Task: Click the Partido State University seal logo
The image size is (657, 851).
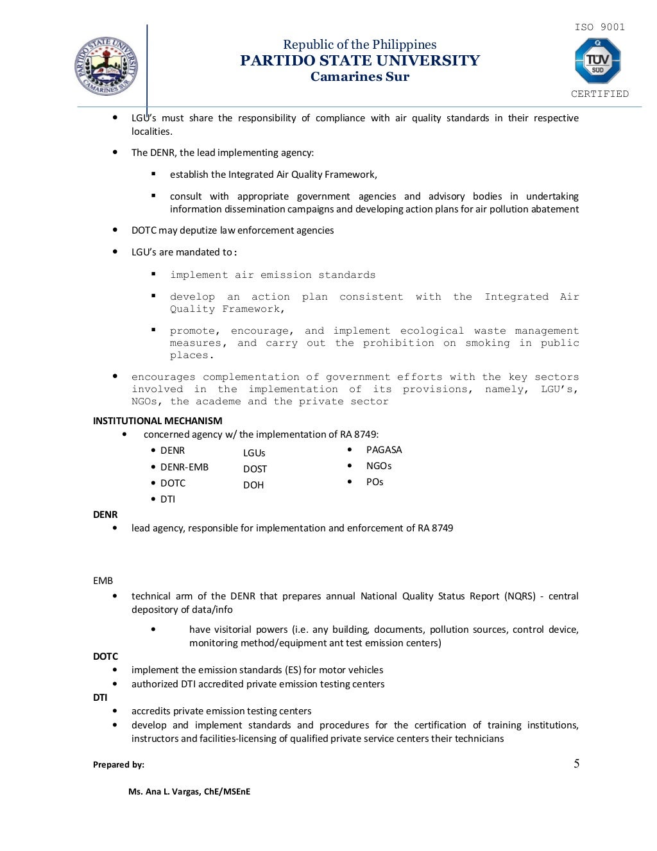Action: pos(107,66)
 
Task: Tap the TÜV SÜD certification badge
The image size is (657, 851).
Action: pos(597,61)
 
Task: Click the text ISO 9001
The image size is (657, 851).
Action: pos(599,27)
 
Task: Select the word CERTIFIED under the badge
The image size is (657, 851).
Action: pos(600,94)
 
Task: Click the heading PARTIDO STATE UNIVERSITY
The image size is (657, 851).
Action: pos(359,60)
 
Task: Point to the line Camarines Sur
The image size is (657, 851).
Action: pos(359,77)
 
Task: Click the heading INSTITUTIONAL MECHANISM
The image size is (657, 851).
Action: pos(157,421)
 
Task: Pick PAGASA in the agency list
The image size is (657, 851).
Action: pos(384,450)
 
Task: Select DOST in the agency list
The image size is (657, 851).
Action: pos(255,469)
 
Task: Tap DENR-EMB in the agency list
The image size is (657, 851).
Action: pos(184,467)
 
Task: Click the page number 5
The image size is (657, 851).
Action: pos(576,763)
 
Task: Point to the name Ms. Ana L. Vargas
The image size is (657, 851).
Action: pos(189,791)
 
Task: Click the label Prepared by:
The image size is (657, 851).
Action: pos(119,764)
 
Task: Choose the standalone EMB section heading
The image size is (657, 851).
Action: pos(103,581)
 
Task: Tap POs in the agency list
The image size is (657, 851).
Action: pos(375,482)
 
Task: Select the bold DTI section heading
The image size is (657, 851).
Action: pos(100,698)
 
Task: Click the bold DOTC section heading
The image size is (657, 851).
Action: pos(105,657)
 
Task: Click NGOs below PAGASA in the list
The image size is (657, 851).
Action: pos(379,466)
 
